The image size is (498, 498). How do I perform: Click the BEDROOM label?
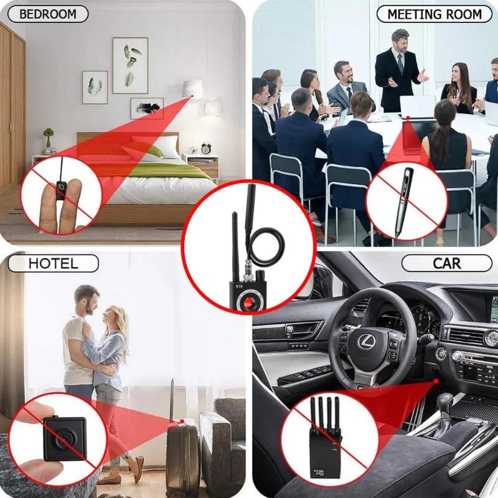pos(48,14)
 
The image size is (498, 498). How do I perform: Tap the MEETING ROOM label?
pos(434,14)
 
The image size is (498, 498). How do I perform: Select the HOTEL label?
pos(53,263)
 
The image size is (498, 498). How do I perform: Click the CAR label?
pos(446,263)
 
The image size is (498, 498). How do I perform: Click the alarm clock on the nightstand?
pos(206,148)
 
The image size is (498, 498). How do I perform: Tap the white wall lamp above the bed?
pos(192,88)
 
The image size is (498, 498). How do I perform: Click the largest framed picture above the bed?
pos(130,65)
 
